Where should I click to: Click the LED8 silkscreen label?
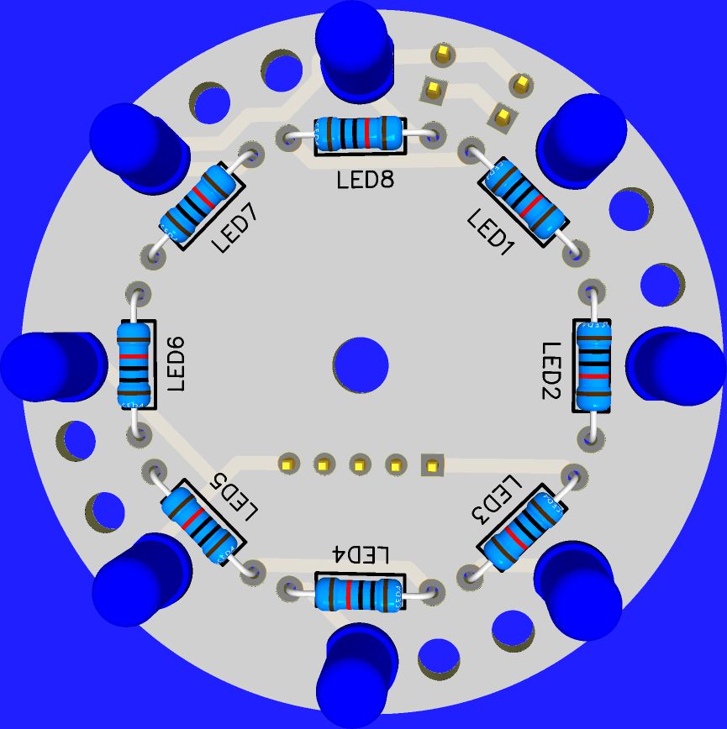366,180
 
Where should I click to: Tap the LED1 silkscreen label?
490,233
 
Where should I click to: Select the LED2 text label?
551,370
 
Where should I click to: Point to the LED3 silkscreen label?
497,500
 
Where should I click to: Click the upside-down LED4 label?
360,554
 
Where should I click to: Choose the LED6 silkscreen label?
176,364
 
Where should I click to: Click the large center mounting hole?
361,365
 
